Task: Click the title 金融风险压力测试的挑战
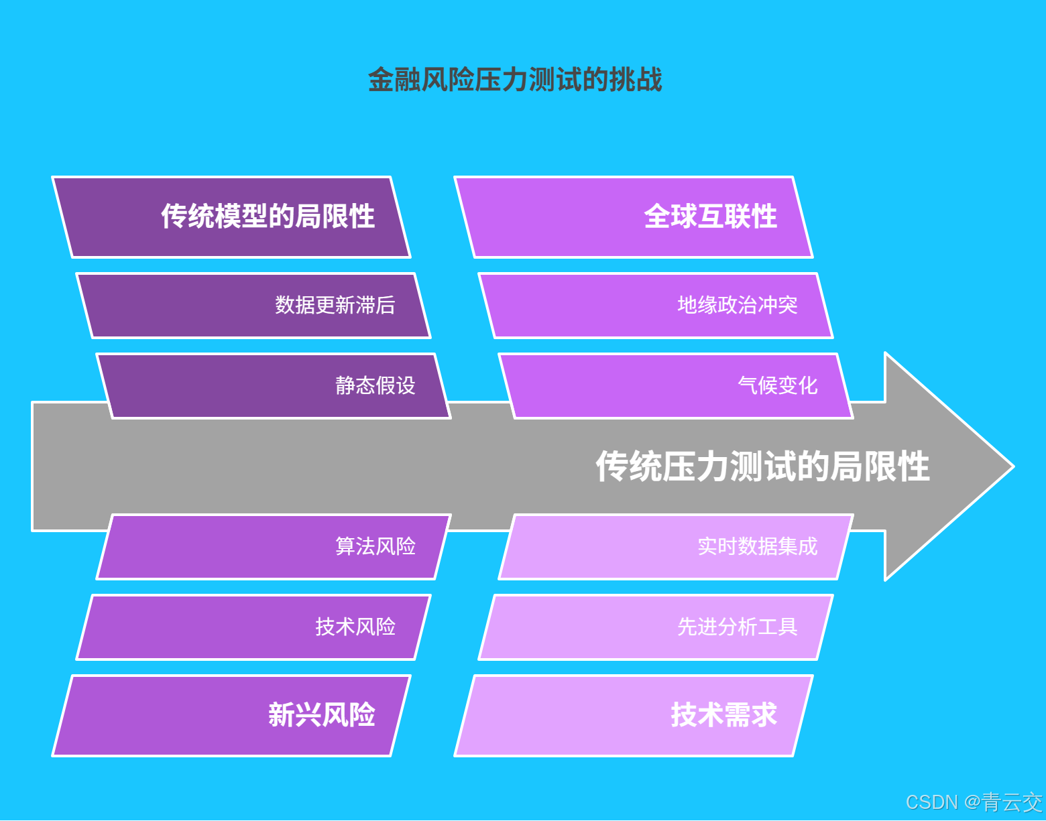pos(515,80)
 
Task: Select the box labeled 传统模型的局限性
pos(232,217)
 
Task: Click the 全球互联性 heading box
pos(634,217)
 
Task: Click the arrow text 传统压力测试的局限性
pos(762,466)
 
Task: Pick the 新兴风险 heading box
pos(232,716)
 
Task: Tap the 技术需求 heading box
pos(634,716)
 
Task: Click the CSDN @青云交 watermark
pos(974,802)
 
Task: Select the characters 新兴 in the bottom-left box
pos(295,715)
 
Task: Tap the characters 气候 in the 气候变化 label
pos(758,386)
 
